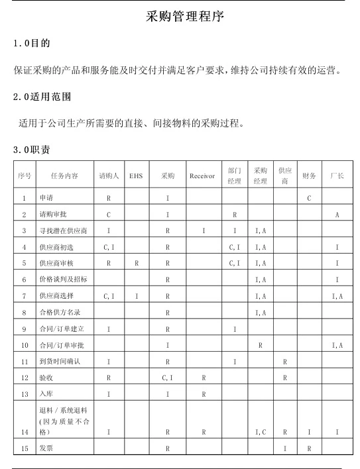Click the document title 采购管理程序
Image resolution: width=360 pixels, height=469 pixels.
click(x=185, y=17)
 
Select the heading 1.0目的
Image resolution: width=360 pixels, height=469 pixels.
click(x=32, y=44)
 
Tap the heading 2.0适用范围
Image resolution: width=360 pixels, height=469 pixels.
click(x=42, y=97)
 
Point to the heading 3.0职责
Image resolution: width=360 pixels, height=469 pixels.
click(x=32, y=150)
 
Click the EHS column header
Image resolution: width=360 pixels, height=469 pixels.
click(x=136, y=176)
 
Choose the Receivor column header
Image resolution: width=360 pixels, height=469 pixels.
click(x=202, y=176)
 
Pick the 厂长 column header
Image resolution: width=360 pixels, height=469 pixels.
click(x=337, y=176)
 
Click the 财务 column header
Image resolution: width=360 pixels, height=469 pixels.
click(x=309, y=176)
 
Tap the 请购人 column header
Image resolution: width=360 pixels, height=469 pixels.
click(x=108, y=176)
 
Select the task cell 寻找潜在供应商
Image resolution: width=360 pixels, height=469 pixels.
click(x=63, y=231)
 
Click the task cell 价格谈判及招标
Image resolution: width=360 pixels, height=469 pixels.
click(x=63, y=280)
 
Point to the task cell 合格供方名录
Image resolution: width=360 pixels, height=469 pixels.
click(x=59, y=312)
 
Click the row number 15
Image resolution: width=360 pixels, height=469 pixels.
click(x=24, y=448)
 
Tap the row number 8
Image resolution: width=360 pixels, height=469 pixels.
click(x=24, y=312)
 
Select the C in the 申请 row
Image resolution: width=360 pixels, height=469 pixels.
click(x=309, y=198)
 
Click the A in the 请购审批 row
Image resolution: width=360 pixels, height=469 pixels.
click(x=337, y=215)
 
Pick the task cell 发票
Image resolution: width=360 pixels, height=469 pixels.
click(x=46, y=448)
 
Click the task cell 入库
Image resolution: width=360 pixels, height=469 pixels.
click(x=46, y=394)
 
